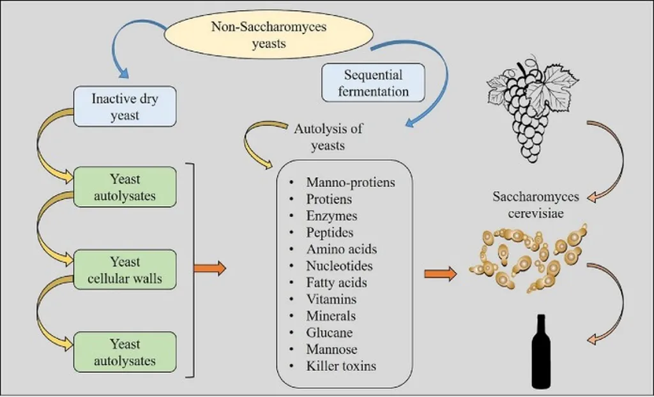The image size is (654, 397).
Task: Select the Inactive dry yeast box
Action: pos(125,108)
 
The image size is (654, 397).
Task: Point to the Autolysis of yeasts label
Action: pos(328,137)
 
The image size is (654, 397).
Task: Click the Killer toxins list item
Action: pos(341,366)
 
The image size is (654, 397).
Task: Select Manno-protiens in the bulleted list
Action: pos(350,183)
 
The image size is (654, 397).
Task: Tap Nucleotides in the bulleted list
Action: pos(339,266)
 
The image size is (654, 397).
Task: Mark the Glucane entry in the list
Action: pos(329,333)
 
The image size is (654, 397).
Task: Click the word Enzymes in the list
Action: pos(331,216)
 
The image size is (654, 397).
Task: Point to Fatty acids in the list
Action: pos(337,282)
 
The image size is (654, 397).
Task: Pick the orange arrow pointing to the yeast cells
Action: pos(440,274)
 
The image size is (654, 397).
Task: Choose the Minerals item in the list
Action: pos(331,316)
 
